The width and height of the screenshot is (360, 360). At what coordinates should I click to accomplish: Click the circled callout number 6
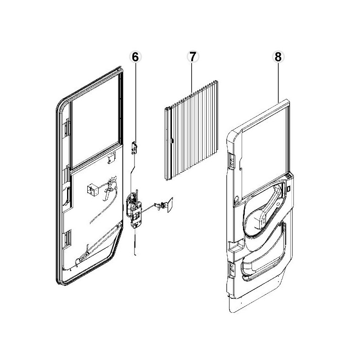pos(135,57)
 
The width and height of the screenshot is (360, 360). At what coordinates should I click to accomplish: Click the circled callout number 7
pos(192,57)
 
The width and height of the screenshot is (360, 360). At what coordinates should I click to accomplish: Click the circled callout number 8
pos(277,57)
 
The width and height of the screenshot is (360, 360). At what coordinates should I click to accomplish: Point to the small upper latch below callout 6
pos(134,147)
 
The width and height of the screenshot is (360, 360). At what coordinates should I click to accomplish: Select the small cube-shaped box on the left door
pos(93,190)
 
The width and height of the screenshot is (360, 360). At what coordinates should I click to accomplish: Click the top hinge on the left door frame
pos(67,128)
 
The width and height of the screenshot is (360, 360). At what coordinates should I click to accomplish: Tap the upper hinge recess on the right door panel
pos(231,160)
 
